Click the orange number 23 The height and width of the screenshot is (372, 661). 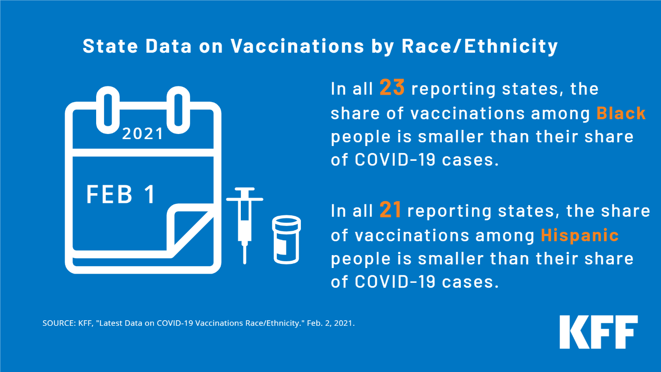[392, 87]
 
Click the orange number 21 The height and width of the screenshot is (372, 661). [390, 210]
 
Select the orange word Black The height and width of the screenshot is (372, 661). [621, 113]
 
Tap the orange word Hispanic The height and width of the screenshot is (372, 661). [580, 235]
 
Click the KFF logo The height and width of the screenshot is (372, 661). [599, 332]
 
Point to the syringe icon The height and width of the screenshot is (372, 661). [245, 226]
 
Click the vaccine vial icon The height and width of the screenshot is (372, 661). [286, 239]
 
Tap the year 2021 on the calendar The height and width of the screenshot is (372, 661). [142, 134]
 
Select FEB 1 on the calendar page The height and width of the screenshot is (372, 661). [121, 194]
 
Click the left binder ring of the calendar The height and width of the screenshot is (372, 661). [108, 110]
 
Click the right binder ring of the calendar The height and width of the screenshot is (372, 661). [178, 110]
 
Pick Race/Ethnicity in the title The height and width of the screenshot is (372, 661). [479, 46]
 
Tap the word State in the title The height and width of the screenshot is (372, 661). [110, 46]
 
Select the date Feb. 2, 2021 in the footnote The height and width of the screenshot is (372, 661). [331, 323]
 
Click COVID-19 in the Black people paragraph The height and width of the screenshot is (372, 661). [395, 159]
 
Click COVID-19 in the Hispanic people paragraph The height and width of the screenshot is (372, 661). [395, 281]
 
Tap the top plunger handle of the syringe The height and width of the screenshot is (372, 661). [245, 189]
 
